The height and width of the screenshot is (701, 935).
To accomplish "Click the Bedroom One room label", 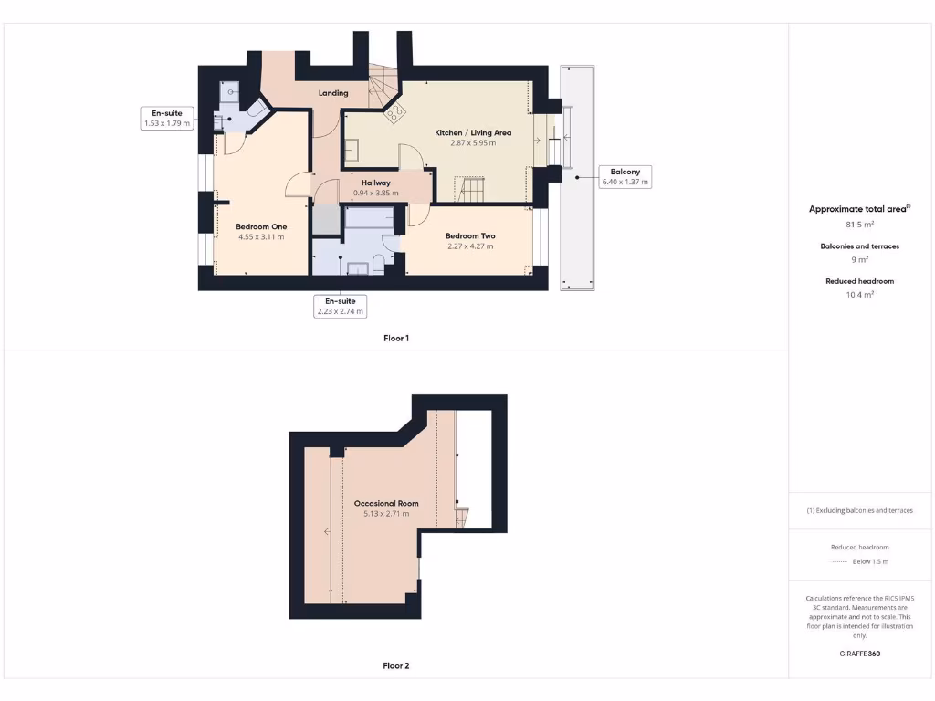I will (x=261, y=226).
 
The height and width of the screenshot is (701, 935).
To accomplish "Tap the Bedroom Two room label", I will (x=470, y=235).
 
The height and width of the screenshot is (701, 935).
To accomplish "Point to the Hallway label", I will (x=375, y=183).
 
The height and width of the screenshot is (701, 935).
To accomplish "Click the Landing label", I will (x=333, y=93).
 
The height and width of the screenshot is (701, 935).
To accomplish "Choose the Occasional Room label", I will (x=386, y=503).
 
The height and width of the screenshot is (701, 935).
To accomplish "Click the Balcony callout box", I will (x=625, y=176).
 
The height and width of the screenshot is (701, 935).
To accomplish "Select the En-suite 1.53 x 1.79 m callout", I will (x=167, y=118).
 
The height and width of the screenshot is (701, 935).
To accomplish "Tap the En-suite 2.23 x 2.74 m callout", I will (x=340, y=306).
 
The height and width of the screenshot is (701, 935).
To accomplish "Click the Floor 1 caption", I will (x=396, y=339).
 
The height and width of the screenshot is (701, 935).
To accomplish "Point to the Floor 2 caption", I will (x=396, y=666).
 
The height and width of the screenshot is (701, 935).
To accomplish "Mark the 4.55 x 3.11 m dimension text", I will (x=261, y=236).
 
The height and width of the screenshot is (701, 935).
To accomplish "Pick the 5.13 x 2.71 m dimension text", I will (x=386, y=514).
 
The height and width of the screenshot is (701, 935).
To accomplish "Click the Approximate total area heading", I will (x=859, y=209).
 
